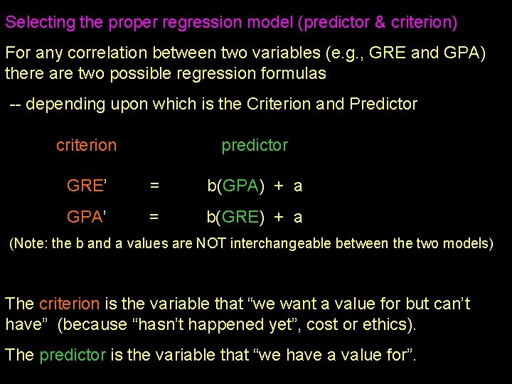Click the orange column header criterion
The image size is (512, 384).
pos(86,145)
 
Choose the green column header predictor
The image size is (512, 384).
pos(255,145)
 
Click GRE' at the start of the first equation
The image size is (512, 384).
pos(86,186)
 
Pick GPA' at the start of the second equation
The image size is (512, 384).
pos(86,217)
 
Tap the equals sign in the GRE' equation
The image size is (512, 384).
pos(154,186)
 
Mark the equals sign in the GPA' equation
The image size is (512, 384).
pos(154,217)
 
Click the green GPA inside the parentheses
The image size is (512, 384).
pos(240,186)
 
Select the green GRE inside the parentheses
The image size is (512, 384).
pos(240,217)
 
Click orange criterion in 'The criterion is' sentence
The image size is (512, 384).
pos(69,304)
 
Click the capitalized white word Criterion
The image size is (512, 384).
pos(279,104)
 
